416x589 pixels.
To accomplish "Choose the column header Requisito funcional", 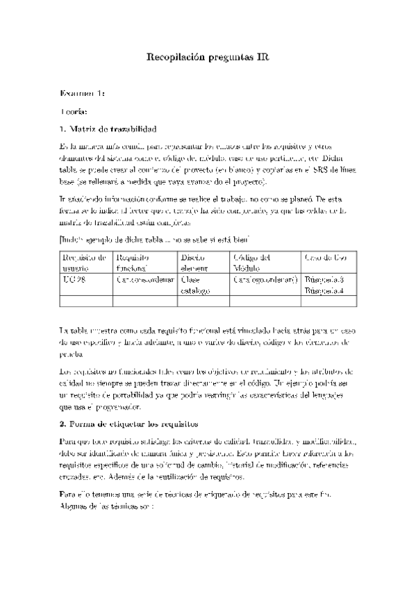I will tap(133, 262).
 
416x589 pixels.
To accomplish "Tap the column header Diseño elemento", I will tap(194, 262).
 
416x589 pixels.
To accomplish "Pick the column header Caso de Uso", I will tap(325, 257).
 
